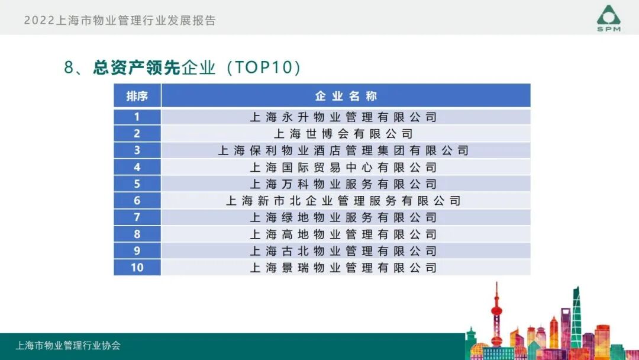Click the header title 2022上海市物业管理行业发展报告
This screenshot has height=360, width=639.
click(x=120, y=20)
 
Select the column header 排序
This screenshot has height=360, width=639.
click(x=137, y=96)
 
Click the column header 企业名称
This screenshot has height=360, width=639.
click(x=346, y=96)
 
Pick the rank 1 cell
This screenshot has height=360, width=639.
click(x=137, y=117)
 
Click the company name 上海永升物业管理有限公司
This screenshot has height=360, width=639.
click(x=343, y=117)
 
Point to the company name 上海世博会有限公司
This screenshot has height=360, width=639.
click(x=343, y=134)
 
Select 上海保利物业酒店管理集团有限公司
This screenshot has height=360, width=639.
click(x=343, y=150)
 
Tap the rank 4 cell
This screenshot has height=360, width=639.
click(x=137, y=168)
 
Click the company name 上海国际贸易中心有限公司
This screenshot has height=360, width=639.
click(x=343, y=168)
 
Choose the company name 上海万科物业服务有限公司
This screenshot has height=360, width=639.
click(x=343, y=184)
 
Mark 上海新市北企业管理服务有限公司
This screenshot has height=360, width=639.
click(x=343, y=201)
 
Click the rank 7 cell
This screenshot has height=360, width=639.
click(x=137, y=217)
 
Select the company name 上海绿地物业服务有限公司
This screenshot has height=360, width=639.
click(x=343, y=217)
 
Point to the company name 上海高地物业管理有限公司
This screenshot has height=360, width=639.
click(x=343, y=234)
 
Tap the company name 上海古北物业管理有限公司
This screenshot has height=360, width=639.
click(x=343, y=251)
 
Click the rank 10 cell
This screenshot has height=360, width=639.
click(x=137, y=268)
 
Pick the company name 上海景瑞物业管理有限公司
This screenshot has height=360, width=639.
click(x=343, y=268)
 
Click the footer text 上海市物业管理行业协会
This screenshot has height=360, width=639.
click(x=68, y=346)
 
